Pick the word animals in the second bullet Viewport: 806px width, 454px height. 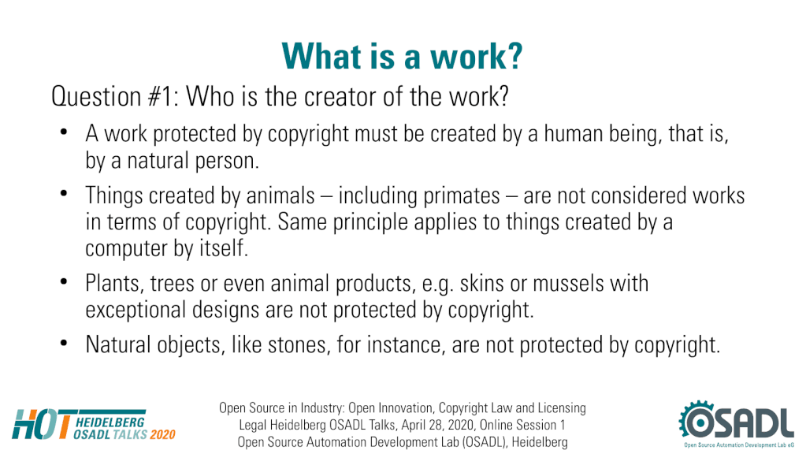pyautogui.click(x=280, y=195)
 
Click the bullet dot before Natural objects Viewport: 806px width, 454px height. pyautogui.click(x=64, y=344)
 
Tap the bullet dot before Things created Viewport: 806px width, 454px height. pyautogui.click(x=64, y=195)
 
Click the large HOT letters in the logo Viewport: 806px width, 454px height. pyautogui.click(x=42, y=425)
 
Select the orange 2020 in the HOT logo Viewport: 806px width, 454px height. pyautogui.click(x=162, y=434)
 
